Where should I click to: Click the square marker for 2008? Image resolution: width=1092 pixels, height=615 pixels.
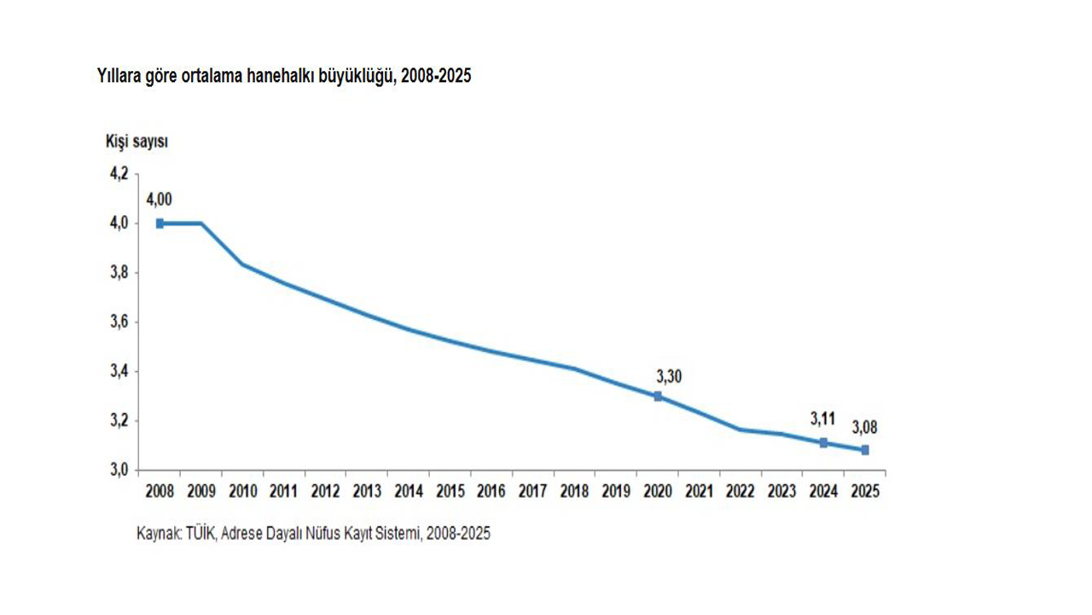[x=160, y=224]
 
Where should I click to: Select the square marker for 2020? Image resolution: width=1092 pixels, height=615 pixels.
[x=658, y=396]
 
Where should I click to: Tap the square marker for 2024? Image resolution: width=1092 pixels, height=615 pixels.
[x=823, y=442]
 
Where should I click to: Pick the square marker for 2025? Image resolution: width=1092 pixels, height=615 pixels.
[x=865, y=450]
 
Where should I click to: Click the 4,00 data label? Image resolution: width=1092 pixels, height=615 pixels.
[x=159, y=199]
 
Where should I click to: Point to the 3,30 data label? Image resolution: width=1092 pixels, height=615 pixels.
[x=669, y=377]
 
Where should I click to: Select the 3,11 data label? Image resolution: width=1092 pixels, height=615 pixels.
[x=823, y=419]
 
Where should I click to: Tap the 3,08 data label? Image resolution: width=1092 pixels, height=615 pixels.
[x=864, y=428]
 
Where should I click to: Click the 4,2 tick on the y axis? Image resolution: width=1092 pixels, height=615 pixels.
[x=119, y=173]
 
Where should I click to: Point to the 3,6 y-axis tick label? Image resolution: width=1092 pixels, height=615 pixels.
[x=119, y=322]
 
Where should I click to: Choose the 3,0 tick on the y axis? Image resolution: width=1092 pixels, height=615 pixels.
[x=119, y=470]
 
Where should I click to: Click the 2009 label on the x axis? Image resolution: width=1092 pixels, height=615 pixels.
[x=201, y=491]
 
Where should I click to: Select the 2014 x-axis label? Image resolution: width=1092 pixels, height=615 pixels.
[x=409, y=491]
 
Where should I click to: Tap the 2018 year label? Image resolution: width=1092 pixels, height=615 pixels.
[x=574, y=491]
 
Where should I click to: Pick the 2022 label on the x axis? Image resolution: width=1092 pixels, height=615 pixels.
[x=740, y=491]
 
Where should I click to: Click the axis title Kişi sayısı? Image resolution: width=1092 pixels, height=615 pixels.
[x=137, y=142]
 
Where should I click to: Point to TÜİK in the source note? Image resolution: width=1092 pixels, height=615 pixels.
[x=200, y=533]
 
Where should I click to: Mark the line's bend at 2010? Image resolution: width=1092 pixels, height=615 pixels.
[x=243, y=264]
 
